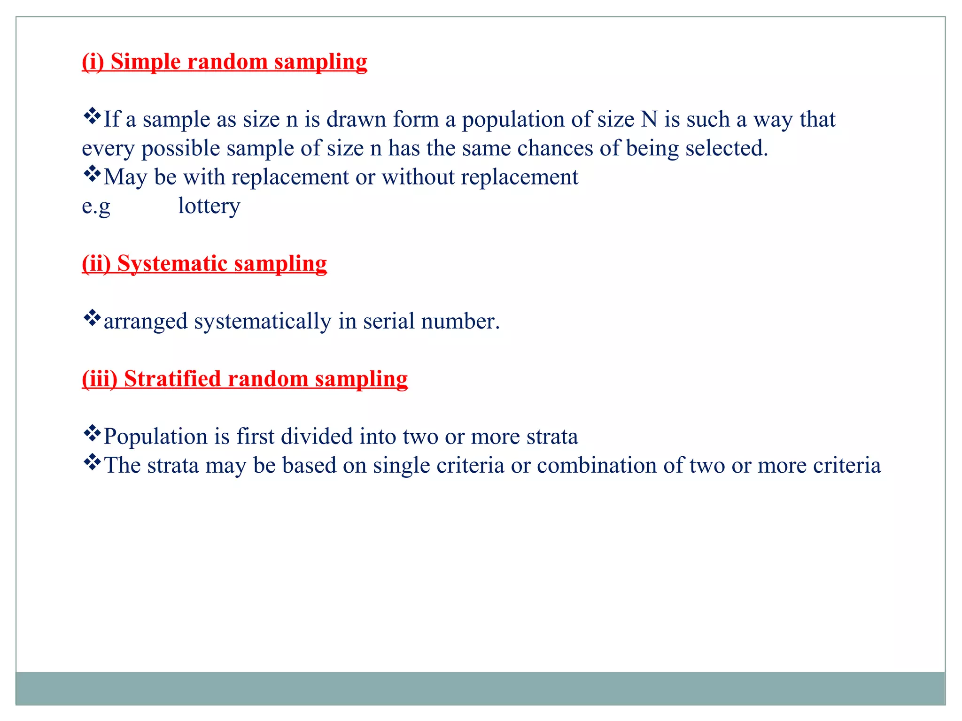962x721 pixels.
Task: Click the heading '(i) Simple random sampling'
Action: [225, 61]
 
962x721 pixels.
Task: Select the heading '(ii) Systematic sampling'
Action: [204, 263]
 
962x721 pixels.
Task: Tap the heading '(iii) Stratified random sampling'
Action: [245, 379]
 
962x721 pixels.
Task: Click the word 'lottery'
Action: [209, 206]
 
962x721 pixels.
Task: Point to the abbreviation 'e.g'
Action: [96, 206]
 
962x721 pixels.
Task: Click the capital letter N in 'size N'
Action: [649, 119]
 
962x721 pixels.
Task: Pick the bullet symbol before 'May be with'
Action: [92, 174]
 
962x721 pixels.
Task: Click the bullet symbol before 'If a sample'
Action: [92, 116]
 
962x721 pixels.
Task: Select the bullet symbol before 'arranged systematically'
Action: [92, 318]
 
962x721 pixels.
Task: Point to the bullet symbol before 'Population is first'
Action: [92, 433]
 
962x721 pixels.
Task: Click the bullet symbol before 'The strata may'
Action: [92, 462]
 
